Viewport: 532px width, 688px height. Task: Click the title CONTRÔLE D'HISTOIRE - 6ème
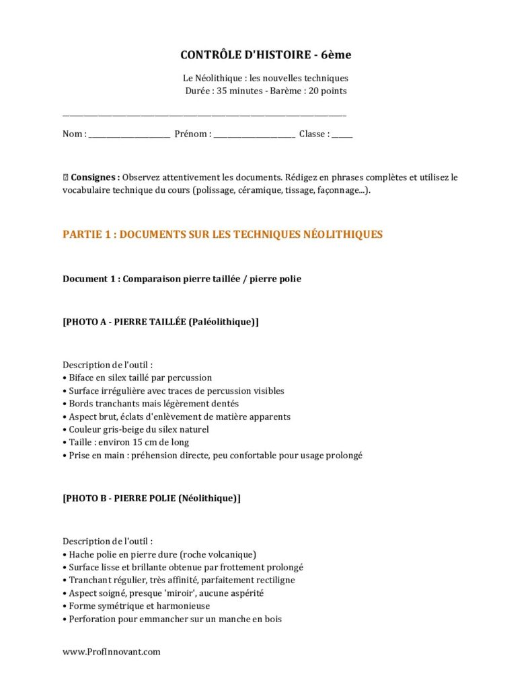266,54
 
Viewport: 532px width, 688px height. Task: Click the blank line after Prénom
254,134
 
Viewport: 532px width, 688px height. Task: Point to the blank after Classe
342,134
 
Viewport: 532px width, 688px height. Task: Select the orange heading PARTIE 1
223,234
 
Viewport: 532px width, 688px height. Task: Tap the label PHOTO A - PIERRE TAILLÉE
160,322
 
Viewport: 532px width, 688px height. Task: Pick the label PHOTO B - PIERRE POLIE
151,499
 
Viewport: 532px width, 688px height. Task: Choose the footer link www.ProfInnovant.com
112,652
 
